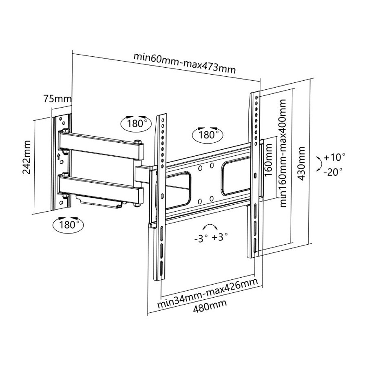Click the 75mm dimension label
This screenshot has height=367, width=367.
pyautogui.click(x=57, y=98)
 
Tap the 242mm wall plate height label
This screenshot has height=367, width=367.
pyautogui.click(x=27, y=157)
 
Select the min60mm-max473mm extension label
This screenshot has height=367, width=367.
pyautogui.click(x=184, y=63)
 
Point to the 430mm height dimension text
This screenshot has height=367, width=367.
pyautogui.click(x=301, y=163)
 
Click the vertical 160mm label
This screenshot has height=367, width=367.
pyautogui.click(x=268, y=160)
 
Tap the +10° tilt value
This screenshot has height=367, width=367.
pyautogui.click(x=334, y=157)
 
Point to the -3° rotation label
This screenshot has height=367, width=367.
pyautogui.click(x=201, y=239)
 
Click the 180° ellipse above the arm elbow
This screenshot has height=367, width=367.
pyautogui.click(x=136, y=123)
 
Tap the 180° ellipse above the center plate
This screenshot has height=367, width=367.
pyautogui.click(x=208, y=135)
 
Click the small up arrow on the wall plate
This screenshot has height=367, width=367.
pyautogui.click(x=58, y=156)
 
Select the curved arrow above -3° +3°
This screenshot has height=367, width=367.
pyautogui.click(x=210, y=226)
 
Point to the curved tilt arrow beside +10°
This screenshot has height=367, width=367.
pyautogui.click(x=319, y=164)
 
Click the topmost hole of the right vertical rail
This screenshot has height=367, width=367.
pyautogui.click(x=256, y=97)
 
